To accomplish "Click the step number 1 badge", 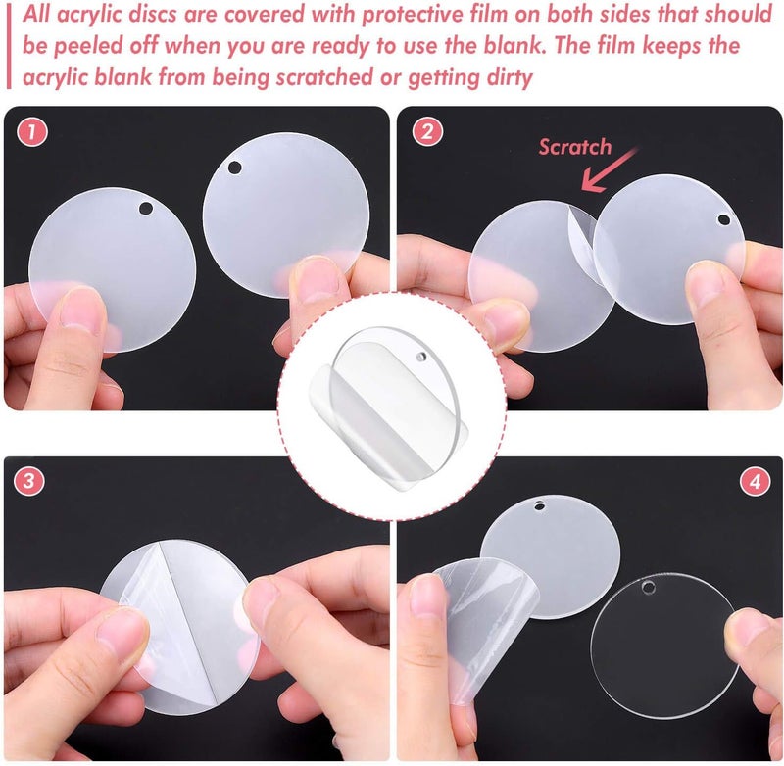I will click(x=32, y=132).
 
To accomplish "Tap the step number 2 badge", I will click(x=424, y=132).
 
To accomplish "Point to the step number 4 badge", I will click(x=753, y=481).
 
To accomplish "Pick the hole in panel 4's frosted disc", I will click(x=539, y=507).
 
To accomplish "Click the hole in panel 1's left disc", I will click(x=146, y=208).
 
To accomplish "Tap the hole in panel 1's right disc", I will click(x=235, y=168).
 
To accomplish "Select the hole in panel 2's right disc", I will click(x=723, y=218).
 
